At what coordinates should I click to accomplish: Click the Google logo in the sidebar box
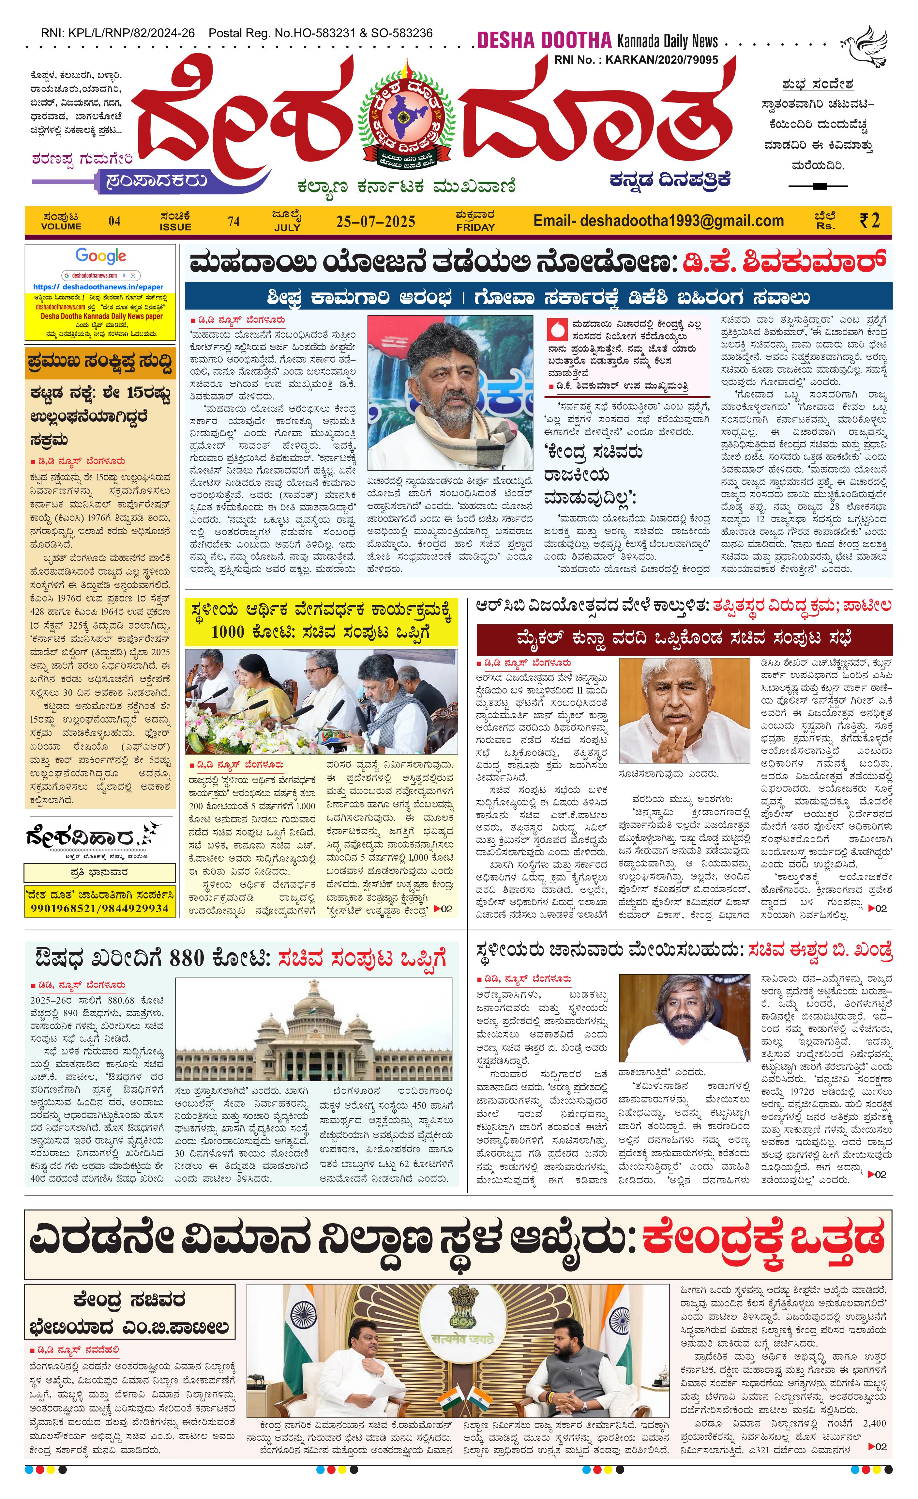tap(101, 256)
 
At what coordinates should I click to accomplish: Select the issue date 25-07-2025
tap(375, 221)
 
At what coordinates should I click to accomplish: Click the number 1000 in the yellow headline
tap(228, 632)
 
